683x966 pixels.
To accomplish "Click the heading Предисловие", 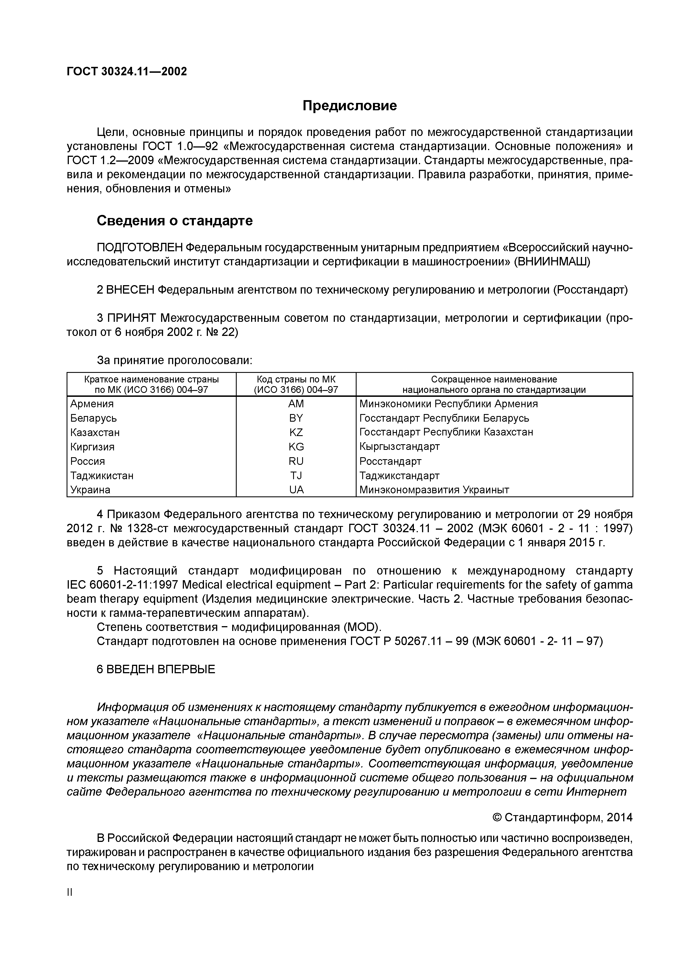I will pyautogui.click(x=349, y=105).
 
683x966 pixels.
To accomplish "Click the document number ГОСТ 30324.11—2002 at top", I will pyautogui.click(x=127, y=72).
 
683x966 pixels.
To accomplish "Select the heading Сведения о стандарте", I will pyautogui.click(x=175, y=221).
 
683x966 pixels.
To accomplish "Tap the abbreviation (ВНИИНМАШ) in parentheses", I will pyautogui.click(x=552, y=262).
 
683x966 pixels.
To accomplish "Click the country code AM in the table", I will pyautogui.click(x=296, y=404).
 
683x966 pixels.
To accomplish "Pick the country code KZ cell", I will pyautogui.click(x=296, y=432).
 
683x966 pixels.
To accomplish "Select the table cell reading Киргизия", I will pyautogui.click(x=92, y=447).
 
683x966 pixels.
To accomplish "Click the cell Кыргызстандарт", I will pyautogui.click(x=399, y=446).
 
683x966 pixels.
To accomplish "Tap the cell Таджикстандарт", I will pyautogui.click(x=399, y=476).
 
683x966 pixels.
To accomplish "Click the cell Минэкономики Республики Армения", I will pyautogui.click(x=449, y=404).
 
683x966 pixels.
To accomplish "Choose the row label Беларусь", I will pyautogui.click(x=93, y=418).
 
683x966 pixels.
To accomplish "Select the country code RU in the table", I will pyautogui.click(x=296, y=461).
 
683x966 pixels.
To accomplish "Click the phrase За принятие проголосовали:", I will pyautogui.click(x=175, y=360).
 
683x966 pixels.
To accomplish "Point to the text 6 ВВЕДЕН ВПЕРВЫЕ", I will pyautogui.click(x=156, y=669).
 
